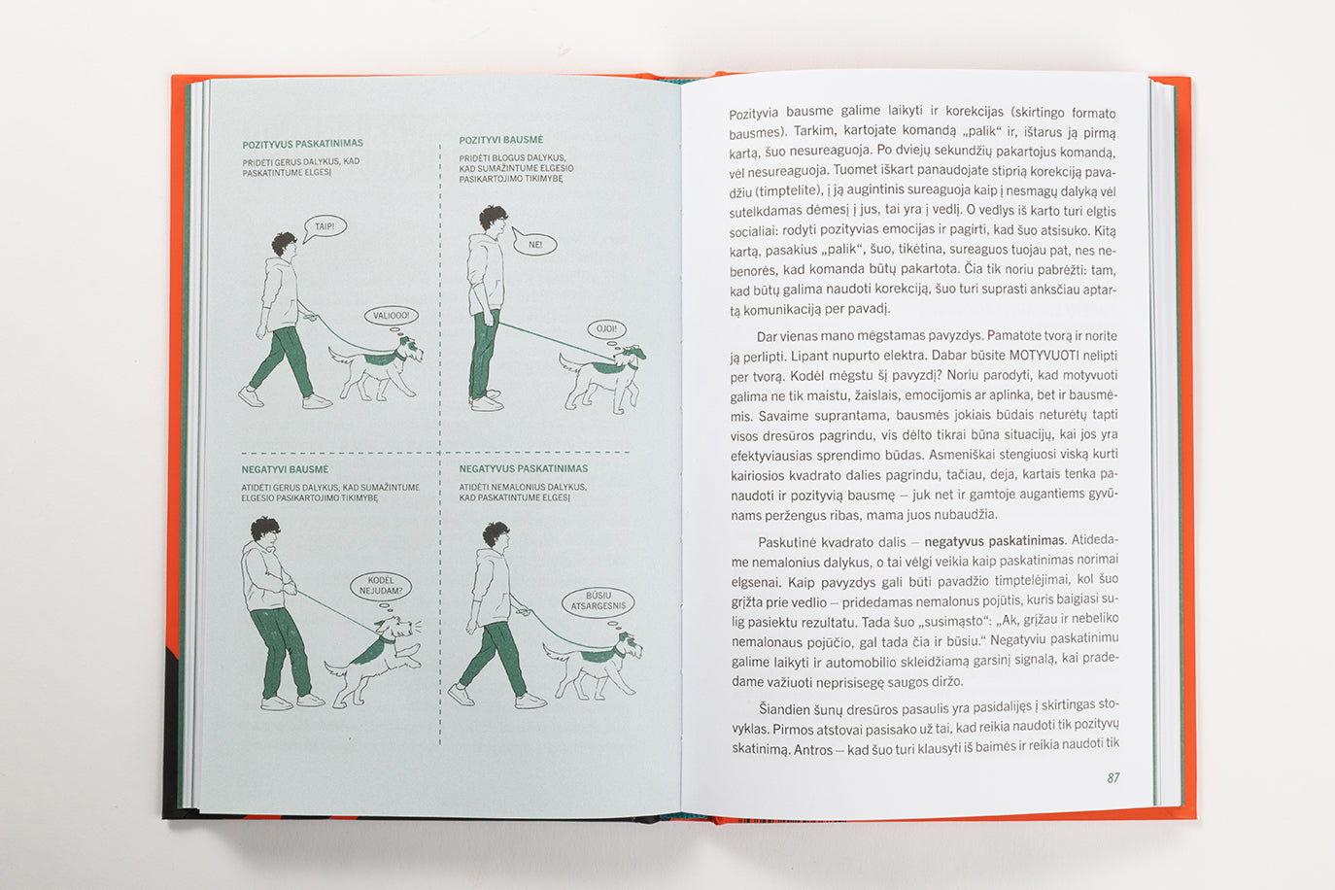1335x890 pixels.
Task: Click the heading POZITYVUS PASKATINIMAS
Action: click(x=302, y=144)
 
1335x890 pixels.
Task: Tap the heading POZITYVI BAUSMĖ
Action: click(x=500, y=140)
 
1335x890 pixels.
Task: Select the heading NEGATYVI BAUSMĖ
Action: click(x=285, y=469)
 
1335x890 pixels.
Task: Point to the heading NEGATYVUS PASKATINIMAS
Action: click(x=524, y=468)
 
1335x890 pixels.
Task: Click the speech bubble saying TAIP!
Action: click(x=325, y=227)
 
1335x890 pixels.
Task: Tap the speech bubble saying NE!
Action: click(x=534, y=244)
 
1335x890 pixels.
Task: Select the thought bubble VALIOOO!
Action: click(x=391, y=316)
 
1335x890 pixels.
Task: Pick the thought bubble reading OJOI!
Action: click(x=606, y=328)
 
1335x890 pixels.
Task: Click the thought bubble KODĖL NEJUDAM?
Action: click(x=381, y=586)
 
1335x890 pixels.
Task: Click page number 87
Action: click(x=1112, y=777)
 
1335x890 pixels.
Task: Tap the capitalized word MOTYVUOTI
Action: click(x=1044, y=356)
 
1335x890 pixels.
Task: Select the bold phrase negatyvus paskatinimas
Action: click(x=994, y=541)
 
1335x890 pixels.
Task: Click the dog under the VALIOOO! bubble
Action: click(x=375, y=369)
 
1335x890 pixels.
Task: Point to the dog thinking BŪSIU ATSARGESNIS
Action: click(x=593, y=667)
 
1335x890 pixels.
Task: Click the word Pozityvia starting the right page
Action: click(x=753, y=114)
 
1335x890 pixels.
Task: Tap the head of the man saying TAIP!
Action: click(x=285, y=244)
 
